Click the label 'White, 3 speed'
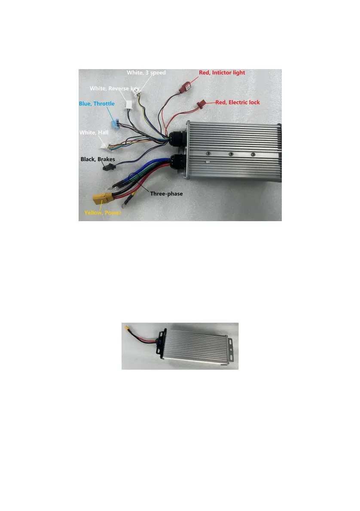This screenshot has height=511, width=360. tap(146, 73)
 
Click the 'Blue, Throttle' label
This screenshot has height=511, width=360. tap(97, 103)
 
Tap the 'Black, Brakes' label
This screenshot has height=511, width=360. tap(98, 159)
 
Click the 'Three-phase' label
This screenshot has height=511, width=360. tap(166, 194)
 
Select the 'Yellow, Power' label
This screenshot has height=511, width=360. tap(102, 212)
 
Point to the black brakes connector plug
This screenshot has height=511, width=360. tap(107, 167)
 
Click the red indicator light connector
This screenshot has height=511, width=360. tap(186, 88)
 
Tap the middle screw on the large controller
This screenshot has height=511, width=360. tap(231, 153)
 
